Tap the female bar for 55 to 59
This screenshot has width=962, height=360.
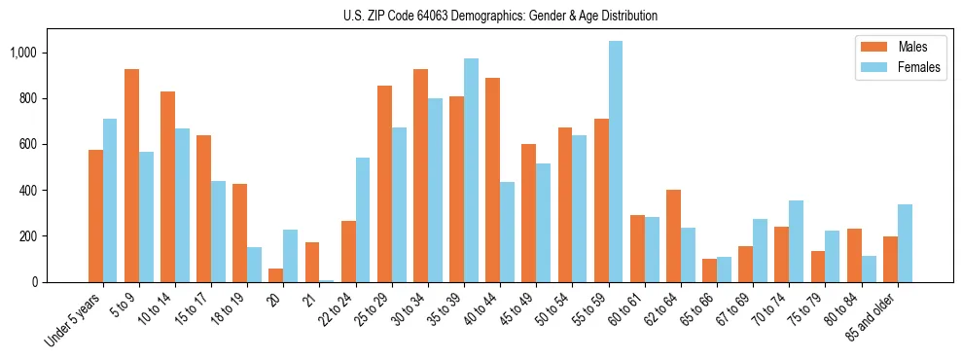616,162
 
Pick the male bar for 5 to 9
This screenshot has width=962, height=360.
131,175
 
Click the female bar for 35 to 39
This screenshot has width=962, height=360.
471,170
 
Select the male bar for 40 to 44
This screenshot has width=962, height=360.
492,180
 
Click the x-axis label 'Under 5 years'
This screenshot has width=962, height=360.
74,321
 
